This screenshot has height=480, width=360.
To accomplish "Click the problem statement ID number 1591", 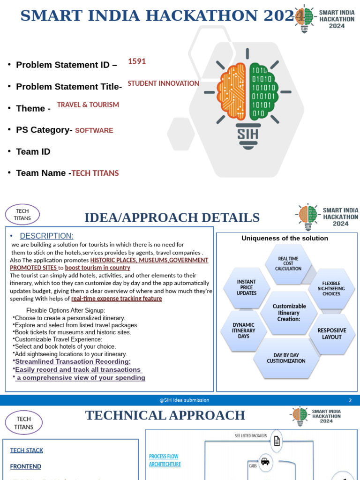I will (x=136, y=61).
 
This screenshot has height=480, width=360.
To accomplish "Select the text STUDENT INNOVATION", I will (x=163, y=83).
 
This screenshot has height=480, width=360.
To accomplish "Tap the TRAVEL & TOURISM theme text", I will (x=88, y=105).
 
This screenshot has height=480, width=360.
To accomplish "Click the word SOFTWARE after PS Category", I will (x=94, y=130).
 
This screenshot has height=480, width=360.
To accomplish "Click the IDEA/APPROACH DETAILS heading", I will (x=172, y=218).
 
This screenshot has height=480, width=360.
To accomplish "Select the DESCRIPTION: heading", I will (x=46, y=236).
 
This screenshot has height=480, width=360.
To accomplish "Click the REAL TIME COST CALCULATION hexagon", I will (x=288, y=263).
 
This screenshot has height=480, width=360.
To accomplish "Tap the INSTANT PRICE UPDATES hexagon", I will (x=247, y=287).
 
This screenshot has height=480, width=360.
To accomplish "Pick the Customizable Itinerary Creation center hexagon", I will (x=289, y=313).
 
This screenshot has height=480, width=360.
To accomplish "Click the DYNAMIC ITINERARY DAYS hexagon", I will (x=244, y=330).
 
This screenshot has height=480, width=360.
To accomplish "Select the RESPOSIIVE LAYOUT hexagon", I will (x=332, y=334).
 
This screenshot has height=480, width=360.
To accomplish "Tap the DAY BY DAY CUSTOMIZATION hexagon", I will (x=286, y=358).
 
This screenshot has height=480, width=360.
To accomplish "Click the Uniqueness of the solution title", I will (x=285, y=238).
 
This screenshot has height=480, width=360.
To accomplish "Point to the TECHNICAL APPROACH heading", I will (x=165, y=415).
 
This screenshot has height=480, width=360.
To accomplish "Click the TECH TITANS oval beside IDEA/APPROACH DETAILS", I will (x=22, y=215).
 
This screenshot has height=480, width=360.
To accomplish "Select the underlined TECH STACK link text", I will (x=27, y=450).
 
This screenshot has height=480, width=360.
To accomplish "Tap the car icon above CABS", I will (x=265, y=461).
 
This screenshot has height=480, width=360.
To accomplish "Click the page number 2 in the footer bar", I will (x=350, y=400).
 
